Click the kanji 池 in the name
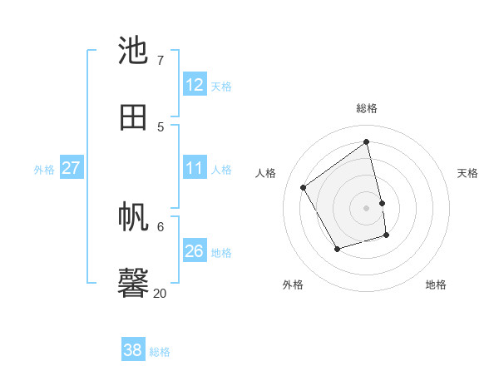[134, 51]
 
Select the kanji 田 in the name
[134, 117]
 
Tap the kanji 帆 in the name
[134, 217]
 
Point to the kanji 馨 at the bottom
[134, 284]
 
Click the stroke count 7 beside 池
[160, 60]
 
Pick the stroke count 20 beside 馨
[160, 293]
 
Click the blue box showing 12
[195, 85]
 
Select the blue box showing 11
[195, 168]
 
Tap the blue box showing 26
[195, 251]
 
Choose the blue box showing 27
[71, 168]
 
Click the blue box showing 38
[132, 350]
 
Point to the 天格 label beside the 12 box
[221, 86]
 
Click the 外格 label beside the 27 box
[44, 169]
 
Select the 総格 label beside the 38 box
[160, 352]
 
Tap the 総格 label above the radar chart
[367, 108]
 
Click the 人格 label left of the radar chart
[266, 173]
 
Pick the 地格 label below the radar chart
[436, 285]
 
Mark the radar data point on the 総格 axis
[367, 141]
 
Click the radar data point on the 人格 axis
[304, 187]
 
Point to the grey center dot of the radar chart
[367, 207]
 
